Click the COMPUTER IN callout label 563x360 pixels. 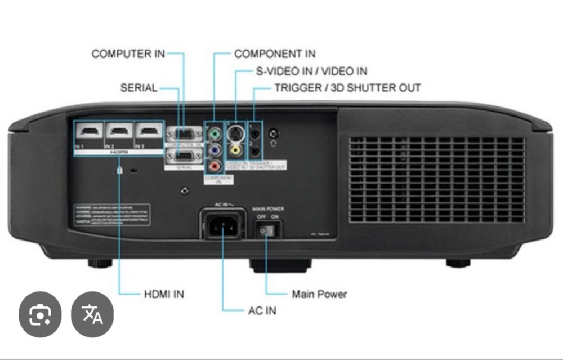tap(128, 54)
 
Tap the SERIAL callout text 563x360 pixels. tap(138, 88)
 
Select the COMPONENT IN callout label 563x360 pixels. tap(275, 54)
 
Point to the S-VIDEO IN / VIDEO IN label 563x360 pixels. tap(309, 72)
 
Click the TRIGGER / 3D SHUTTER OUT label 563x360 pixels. tap(347, 88)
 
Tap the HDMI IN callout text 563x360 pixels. tap(164, 294)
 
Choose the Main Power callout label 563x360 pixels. tap(319, 294)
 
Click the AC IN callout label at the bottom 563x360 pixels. tap(262, 310)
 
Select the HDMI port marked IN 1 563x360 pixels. tap(88, 132)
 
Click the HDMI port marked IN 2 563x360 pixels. tap(119, 132)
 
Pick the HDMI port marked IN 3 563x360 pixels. tap(149, 132)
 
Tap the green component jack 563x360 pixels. tap(214, 135)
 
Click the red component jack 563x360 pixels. tap(214, 166)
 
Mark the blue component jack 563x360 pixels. tap(214, 150)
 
